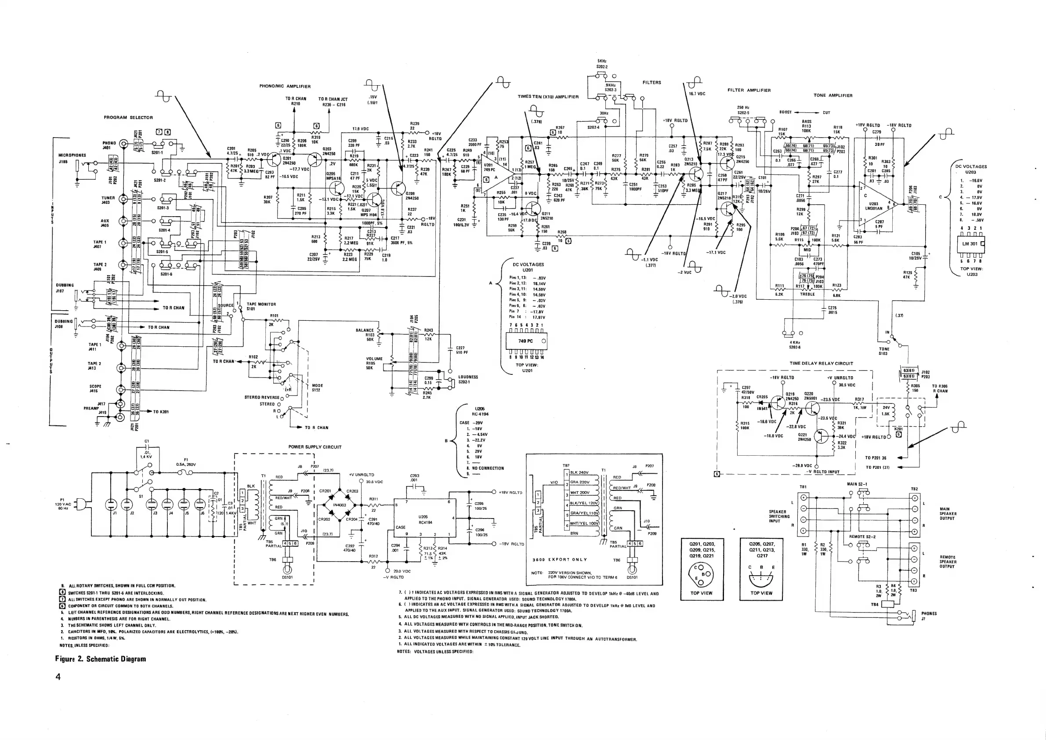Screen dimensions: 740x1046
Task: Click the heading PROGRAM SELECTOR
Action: (x=128, y=118)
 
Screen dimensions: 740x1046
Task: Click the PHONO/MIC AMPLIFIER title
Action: (x=285, y=86)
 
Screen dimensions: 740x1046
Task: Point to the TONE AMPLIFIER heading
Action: (x=833, y=96)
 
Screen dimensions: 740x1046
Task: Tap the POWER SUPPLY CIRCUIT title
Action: (x=315, y=447)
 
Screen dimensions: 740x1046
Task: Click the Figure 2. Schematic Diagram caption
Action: (x=100, y=659)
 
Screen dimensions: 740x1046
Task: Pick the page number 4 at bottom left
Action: (x=58, y=677)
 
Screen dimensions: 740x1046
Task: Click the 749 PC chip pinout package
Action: (x=526, y=341)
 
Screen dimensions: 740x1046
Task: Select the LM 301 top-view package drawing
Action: (x=970, y=244)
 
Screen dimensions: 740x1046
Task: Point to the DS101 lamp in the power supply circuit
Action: (x=287, y=570)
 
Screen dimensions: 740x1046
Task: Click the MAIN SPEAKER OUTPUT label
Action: (x=948, y=514)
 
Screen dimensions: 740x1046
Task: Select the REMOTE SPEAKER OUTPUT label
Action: (x=948, y=562)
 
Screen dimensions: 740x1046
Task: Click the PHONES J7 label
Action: (x=929, y=616)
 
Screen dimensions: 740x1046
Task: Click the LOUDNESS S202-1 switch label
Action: (x=468, y=379)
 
